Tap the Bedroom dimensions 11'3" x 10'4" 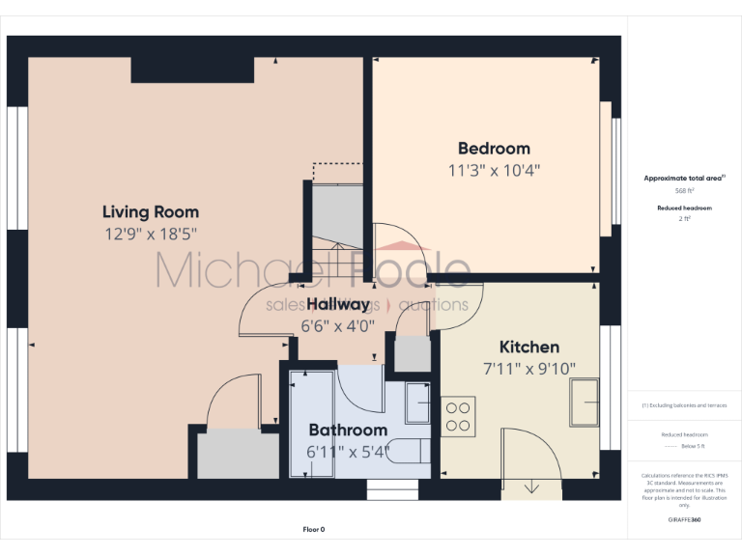tap(493, 171)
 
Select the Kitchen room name tap(528, 347)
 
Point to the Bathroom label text tap(347, 430)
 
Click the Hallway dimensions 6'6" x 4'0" tap(338, 325)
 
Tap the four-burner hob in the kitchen tap(459, 414)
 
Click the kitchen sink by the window tap(585, 402)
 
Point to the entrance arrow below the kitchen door tap(531, 487)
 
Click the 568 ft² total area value tap(685, 191)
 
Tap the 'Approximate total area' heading tap(683, 179)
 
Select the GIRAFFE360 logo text tap(685, 520)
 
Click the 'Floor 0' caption tap(314, 530)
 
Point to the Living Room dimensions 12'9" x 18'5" tap(150, 234)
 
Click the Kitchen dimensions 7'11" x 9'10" tap(528, 368)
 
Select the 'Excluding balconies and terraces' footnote tap(685, 405)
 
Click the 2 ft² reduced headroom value tap(685, 219)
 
